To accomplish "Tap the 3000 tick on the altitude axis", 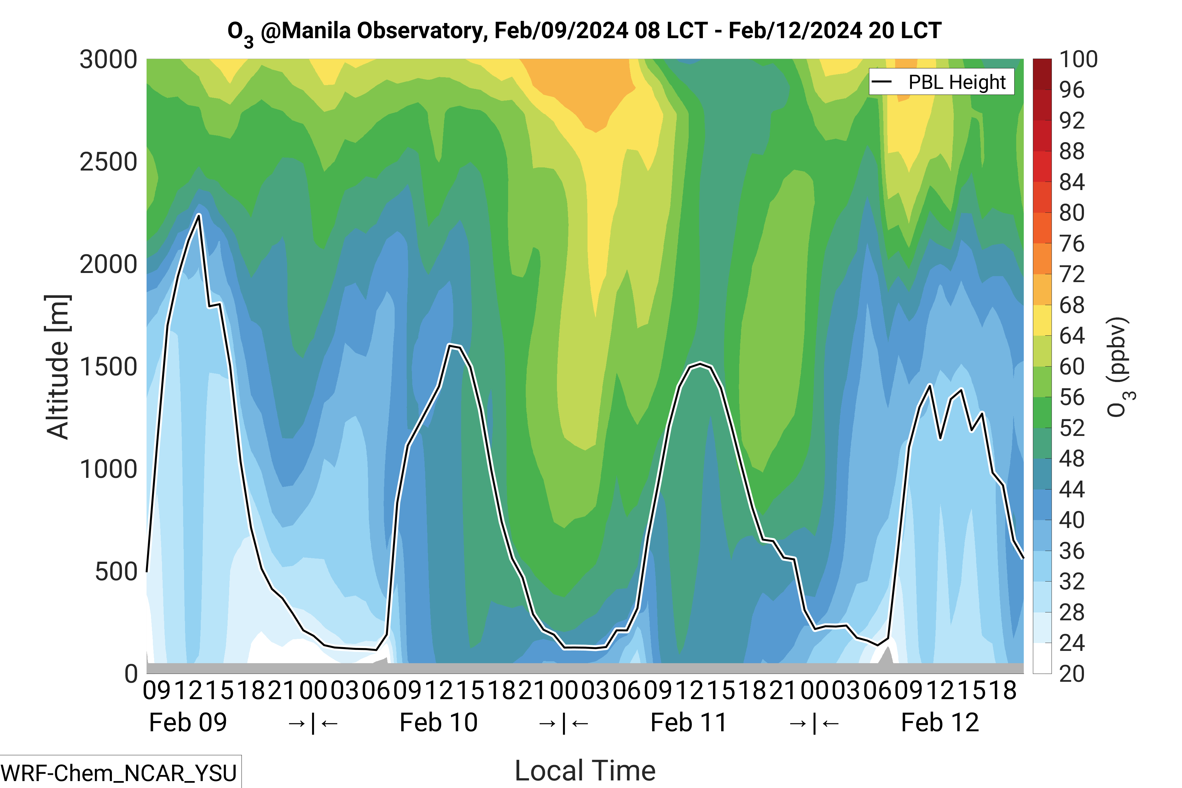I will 108,60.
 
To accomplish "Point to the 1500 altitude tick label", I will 108,367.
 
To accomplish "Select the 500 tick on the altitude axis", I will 116,572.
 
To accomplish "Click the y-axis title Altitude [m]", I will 58,367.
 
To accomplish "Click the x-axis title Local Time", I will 585,770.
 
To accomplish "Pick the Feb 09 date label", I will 188,723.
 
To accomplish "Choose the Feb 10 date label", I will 438,723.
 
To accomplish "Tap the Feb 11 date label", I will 688,723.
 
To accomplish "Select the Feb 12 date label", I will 940,723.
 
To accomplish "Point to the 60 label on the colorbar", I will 1072,367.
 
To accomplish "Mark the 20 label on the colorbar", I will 1072,673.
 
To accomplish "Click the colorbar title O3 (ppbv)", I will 1120,367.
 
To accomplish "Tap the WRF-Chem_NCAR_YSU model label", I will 119,773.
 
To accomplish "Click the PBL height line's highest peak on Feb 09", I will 199,215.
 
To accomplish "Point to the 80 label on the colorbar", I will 1072,213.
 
